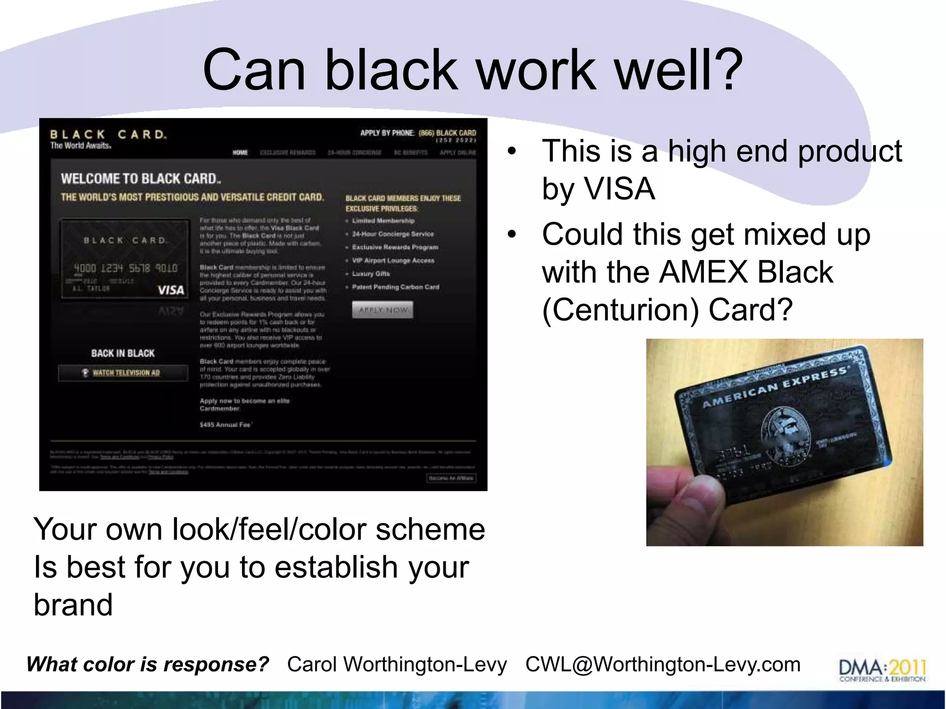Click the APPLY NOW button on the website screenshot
coord(382,310)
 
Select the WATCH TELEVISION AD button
coord(123,373)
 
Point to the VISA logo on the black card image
coord(171,290)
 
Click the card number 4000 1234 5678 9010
coord(126,268)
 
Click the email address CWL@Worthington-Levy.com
coord(663,665)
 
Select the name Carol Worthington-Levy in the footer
coord(397,665)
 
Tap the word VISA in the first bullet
coord(619,189)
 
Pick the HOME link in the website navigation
coord(240,153)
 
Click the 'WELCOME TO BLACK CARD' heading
coord(141,179)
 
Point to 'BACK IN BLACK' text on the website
coord(123,354)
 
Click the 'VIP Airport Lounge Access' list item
coord(393,261)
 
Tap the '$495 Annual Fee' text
coord(226,425)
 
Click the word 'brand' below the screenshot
coord(73,605)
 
